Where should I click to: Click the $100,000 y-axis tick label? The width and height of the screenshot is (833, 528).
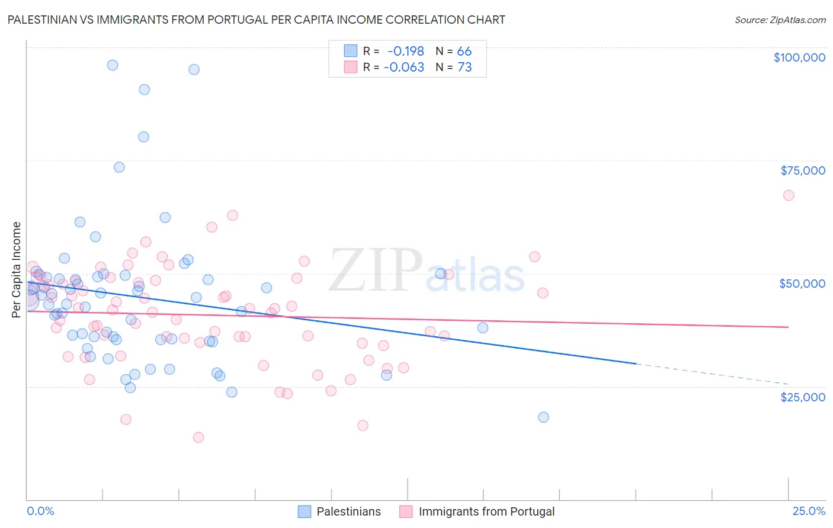(x=799, y=57)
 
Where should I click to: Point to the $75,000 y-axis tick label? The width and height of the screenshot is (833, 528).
(x=802, y=170)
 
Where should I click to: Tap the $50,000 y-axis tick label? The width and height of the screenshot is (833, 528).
(x=802, y=284)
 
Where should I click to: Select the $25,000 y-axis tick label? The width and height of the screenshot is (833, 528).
(x=802, y=397)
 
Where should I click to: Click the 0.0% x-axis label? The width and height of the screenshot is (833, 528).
(x=40, y=511)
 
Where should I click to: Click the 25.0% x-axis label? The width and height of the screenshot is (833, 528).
(x=809, y=511)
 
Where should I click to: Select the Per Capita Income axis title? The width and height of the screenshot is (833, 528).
(x=17, y=269)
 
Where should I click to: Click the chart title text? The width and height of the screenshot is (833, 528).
(x=256, y=20)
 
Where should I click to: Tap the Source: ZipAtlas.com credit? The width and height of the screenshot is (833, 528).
(x=780, y=20)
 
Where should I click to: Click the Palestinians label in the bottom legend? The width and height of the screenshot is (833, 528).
(x=348, y=511)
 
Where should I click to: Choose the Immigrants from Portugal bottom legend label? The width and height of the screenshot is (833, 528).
(x=486, y=511)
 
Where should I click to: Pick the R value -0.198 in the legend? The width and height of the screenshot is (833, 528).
(x=405, y=51)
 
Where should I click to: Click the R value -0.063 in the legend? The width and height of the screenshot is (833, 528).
(x=404, y=67)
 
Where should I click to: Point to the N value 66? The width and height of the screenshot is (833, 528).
(x=464, y=51)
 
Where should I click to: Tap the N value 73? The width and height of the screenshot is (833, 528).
(x=464, y=67)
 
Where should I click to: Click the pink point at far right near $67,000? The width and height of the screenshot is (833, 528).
(x=788, y=195)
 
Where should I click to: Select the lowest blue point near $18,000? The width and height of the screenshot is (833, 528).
(x=543, y=417)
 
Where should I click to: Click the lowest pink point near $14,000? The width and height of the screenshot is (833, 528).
(x=198, y=437)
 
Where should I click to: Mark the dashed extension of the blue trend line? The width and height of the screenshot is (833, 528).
(x=711, y=374)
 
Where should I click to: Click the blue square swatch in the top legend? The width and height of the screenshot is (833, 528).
(x=351, y=51)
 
